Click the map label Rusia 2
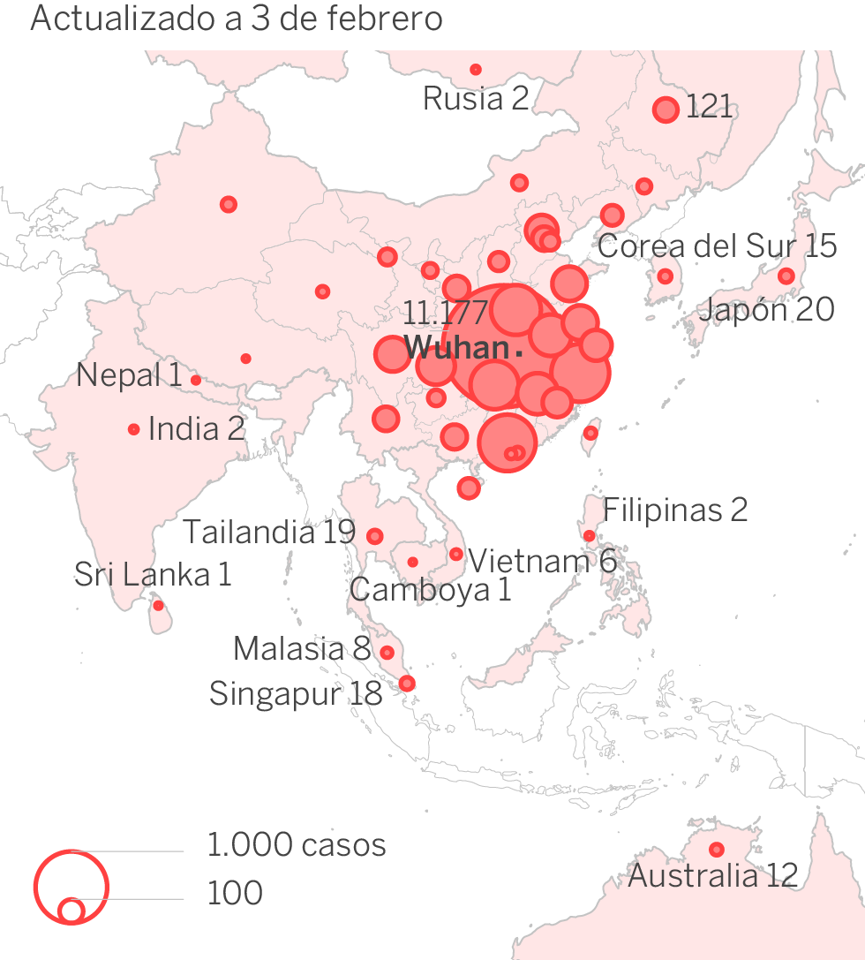coord(476,98)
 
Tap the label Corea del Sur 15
coord(717,246)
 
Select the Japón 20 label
coord(766,309)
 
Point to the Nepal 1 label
coord(129,375)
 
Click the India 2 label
coord(196,429)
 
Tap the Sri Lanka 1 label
coord(153,575)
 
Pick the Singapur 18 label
coord(296,693)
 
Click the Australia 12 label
coord(712,876)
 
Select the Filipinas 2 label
coord(675,510)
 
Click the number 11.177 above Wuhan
coord(446,313)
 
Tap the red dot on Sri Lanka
coord(158,606)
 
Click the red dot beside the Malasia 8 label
coord(387,653)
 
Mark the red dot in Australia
coord(717,850)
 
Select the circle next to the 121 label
coord(666,110)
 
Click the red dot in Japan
coord(786,276)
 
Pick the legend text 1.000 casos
coord(297,845)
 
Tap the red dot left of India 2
coord(134,429)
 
